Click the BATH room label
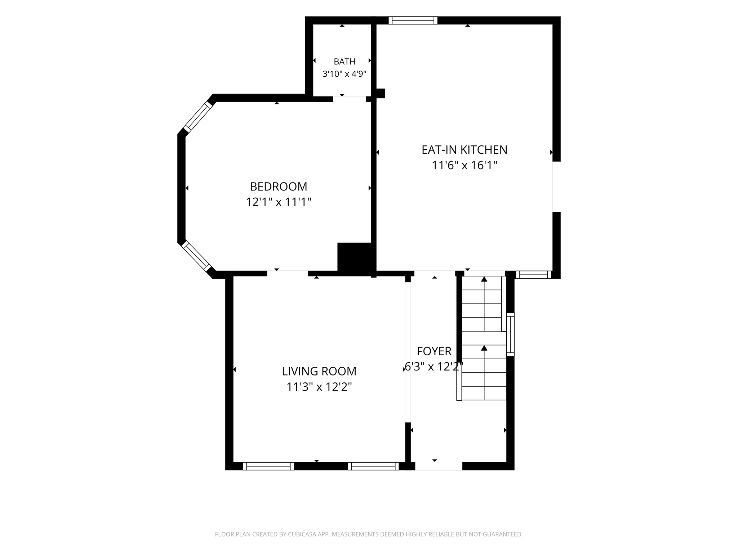344,62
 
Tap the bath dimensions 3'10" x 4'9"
344,74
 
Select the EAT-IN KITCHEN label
464,150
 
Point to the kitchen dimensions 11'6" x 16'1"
464,165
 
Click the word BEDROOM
279,186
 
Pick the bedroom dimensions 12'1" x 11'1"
279,202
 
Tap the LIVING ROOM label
319,371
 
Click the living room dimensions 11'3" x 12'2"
319,387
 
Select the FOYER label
434,351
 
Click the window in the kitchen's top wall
413,21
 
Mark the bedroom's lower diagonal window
196,256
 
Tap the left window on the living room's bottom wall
268,466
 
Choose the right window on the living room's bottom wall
373,466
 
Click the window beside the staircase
510,334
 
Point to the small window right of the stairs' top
534,275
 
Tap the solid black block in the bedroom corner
355,257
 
